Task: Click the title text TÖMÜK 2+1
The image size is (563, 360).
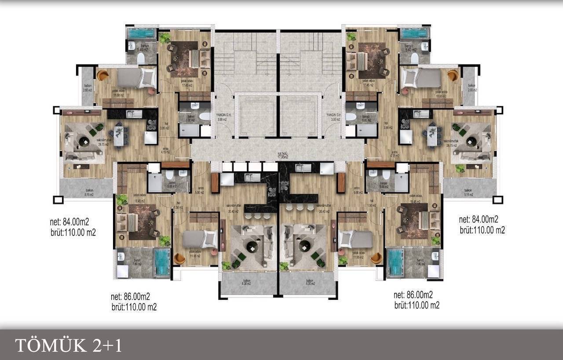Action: [69, 345]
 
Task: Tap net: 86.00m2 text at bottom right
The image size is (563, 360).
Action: [413, 295]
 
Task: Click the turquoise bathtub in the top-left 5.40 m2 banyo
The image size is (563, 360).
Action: [142, 33]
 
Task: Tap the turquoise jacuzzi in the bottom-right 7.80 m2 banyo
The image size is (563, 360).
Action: [395, 262]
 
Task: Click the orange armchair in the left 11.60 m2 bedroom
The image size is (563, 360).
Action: [102, 75]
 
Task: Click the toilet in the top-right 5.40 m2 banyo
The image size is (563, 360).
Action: [414, 58]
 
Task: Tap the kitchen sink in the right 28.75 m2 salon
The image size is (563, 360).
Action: [420, 114]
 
